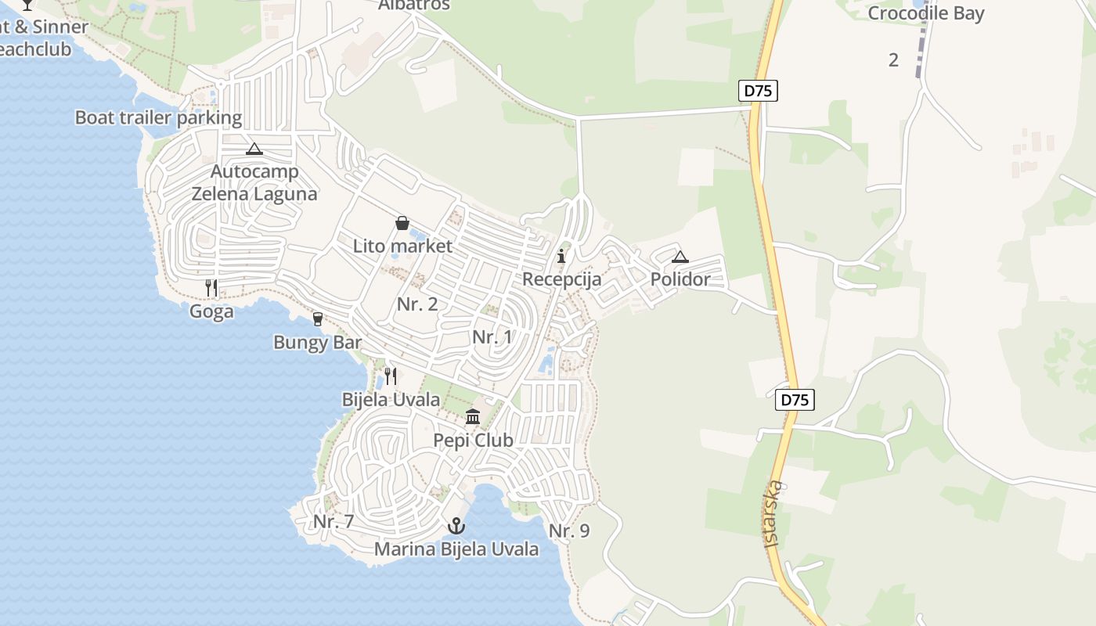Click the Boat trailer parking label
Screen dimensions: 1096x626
(158, 118)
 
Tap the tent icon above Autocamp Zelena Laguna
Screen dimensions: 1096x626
(254, 149)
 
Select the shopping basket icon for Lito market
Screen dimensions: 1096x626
(402, 223)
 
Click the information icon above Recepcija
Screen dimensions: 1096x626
(561, 256)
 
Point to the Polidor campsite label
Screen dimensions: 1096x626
(680, 279)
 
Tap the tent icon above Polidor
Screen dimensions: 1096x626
(680, 257)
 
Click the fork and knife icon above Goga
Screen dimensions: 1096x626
(211, 288)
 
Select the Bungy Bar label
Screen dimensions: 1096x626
(318, 343)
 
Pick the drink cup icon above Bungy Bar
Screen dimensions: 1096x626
(318, 318)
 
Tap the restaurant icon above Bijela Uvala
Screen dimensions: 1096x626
(391, 376)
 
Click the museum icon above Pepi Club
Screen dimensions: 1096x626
(473, 416)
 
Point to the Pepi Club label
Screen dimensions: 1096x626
(473, 441)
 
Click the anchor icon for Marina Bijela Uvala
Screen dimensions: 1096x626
(456, 526)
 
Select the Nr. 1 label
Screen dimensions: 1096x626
(492, 337)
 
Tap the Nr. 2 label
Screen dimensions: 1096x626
(417, 304)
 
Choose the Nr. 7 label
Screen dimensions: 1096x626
(333, 522)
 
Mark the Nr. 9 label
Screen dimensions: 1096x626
(569, 531)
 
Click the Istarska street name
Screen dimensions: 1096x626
(771, 513)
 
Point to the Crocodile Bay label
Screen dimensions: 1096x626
(926, 13)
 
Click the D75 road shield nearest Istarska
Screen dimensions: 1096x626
(795, 400)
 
